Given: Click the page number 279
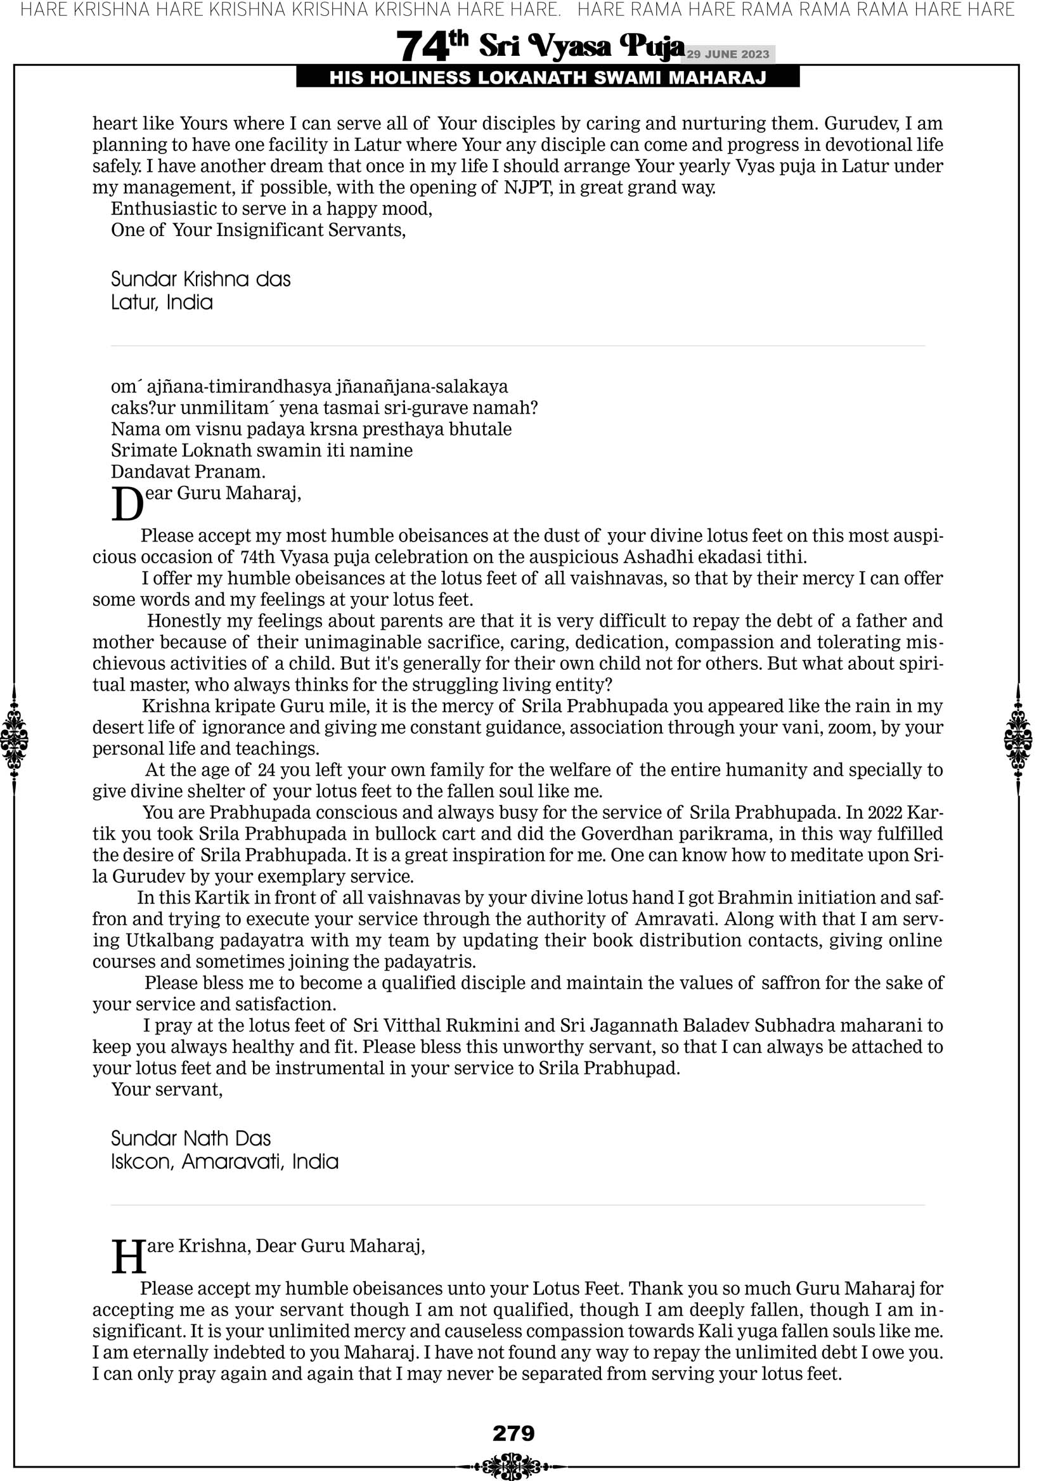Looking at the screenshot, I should [x=513, y=1433].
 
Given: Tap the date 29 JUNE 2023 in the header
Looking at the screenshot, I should [x=727, y=54].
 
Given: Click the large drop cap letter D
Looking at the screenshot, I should [x=127, y=504].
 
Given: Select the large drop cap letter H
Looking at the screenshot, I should [x=129, y=1258].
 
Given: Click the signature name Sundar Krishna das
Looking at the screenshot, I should [x=200, y=279].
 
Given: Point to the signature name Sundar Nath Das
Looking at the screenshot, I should [x=191, y=1138].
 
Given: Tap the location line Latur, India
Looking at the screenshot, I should [x=162, y=303].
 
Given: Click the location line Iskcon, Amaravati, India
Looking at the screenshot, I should [x=224, y=1162].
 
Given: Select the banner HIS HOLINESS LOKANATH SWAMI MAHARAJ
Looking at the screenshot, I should [x=548, y=78].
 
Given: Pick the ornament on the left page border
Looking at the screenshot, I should [x=14, y=739].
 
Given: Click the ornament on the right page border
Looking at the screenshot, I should [x=1018, y=739].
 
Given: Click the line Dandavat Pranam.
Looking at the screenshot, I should [x=188, y=471].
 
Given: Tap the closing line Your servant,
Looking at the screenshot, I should [x=167, y=1090].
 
